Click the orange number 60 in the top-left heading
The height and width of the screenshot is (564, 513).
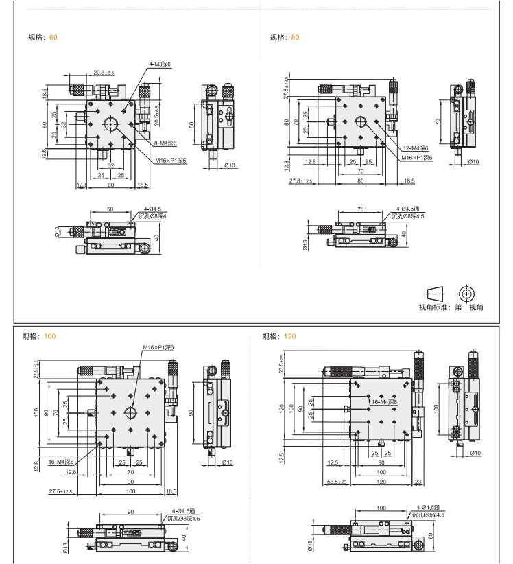[x=53, y=38]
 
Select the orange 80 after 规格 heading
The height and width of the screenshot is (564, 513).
[x=295, y=38]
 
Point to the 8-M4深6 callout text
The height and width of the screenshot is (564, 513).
[x=165, y=143]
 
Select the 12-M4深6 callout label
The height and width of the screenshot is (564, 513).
[x=415, y=148]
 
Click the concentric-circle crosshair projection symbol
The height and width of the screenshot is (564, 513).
[x=467, y=293]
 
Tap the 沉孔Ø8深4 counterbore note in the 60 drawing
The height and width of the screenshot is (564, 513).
[x=152, y=216]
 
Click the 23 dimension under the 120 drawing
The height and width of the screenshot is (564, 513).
[x=418, y=482]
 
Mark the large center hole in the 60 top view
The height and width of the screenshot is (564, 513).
[x=110, y=124]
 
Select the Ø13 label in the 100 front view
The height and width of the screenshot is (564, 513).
[x=65, y=546]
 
